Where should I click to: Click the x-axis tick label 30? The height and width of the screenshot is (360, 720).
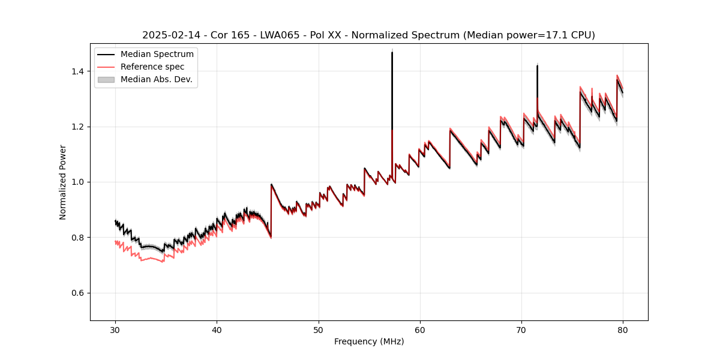click(x=115, y=329)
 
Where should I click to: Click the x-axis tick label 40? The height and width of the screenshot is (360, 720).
click(x=217, y=329)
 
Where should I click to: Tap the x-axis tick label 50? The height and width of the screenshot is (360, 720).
click(x=318, y=329)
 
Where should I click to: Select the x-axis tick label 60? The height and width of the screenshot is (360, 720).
click(x=420, y=329)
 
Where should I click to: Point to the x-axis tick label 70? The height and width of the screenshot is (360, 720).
click(x=521, y=329)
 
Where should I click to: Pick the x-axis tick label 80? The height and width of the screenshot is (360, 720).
click(x=623, y=329)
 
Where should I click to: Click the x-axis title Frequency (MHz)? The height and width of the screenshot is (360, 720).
click(x=369, y=341)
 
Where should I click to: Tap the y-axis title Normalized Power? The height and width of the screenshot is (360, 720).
click(x=63, y=182)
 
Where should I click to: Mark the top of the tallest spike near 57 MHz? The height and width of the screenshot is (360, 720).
click(x=392, y=52)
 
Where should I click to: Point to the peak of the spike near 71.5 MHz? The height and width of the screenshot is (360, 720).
click(x=537, y=65)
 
